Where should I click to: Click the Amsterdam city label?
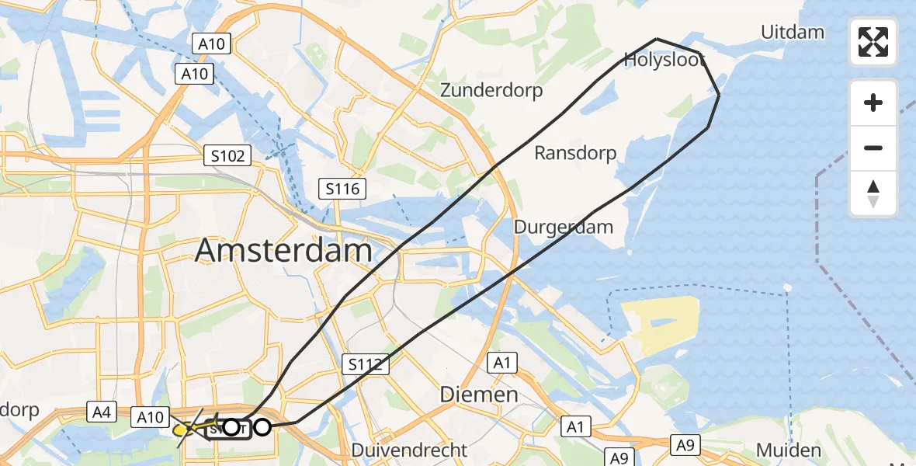click(283, 251)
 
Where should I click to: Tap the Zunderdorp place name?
click(491, 90)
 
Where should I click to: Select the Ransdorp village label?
click(575, 153)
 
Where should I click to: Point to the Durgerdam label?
click(564, 228)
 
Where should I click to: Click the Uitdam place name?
click(793, 33)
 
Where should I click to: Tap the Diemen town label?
click(479, 394)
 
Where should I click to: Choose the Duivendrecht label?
click(409, 450)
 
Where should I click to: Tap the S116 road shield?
click(342, 188)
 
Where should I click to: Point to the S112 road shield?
click(364, 363)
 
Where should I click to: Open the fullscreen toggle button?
click(873, 42)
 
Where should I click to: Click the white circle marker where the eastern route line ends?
click(262, 426)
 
